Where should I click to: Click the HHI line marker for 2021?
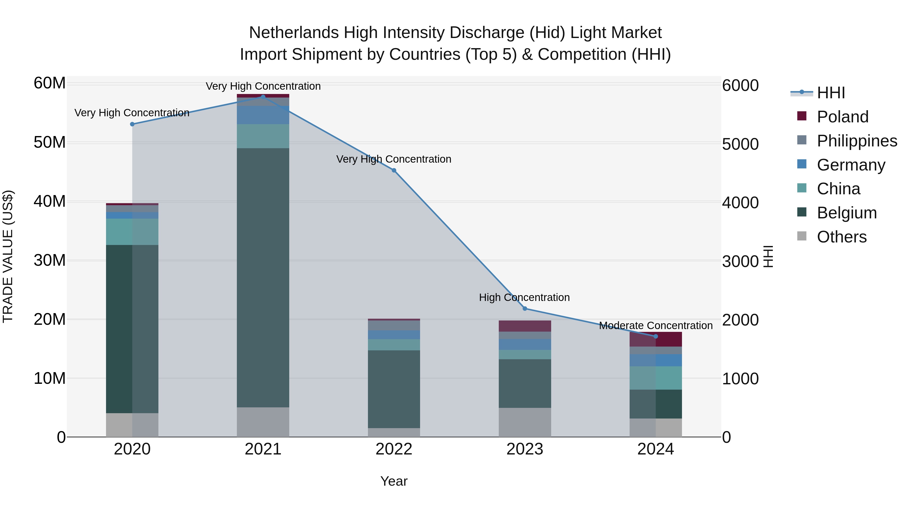coord(263,97)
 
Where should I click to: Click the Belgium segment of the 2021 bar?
coord(263,278)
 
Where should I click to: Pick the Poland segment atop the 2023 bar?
coord(525,326)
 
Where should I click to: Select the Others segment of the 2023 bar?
coord(525,422)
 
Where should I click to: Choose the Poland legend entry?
coord(842,117)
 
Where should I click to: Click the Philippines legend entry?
coord(857,141)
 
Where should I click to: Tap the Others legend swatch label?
coord(841,237)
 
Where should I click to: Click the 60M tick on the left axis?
coord(50,84)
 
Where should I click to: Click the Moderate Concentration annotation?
coord(656,325)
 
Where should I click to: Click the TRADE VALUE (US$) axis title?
coord(8,256)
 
